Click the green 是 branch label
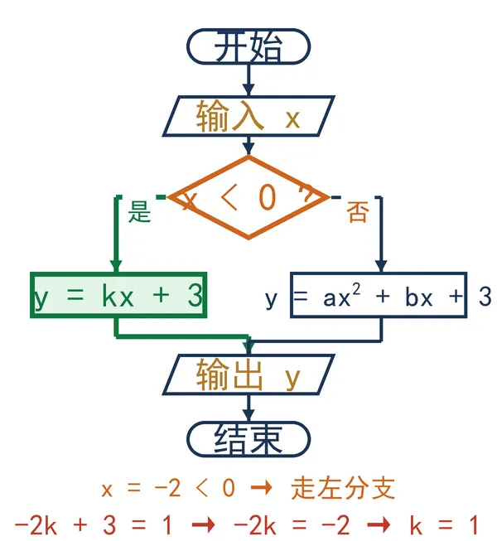coord(140,211)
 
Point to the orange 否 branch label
coord(358,211)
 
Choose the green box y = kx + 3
coord(118,295)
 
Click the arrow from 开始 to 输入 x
coord(248,80)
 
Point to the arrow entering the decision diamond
coord(248,146)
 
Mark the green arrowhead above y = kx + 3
coord(116,266)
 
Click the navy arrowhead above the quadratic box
coord(381,266)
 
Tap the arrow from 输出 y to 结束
coord(248,408)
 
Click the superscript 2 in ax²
coord(356,288)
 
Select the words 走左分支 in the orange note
coord(342,489)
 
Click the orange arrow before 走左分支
coord(261,488)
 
